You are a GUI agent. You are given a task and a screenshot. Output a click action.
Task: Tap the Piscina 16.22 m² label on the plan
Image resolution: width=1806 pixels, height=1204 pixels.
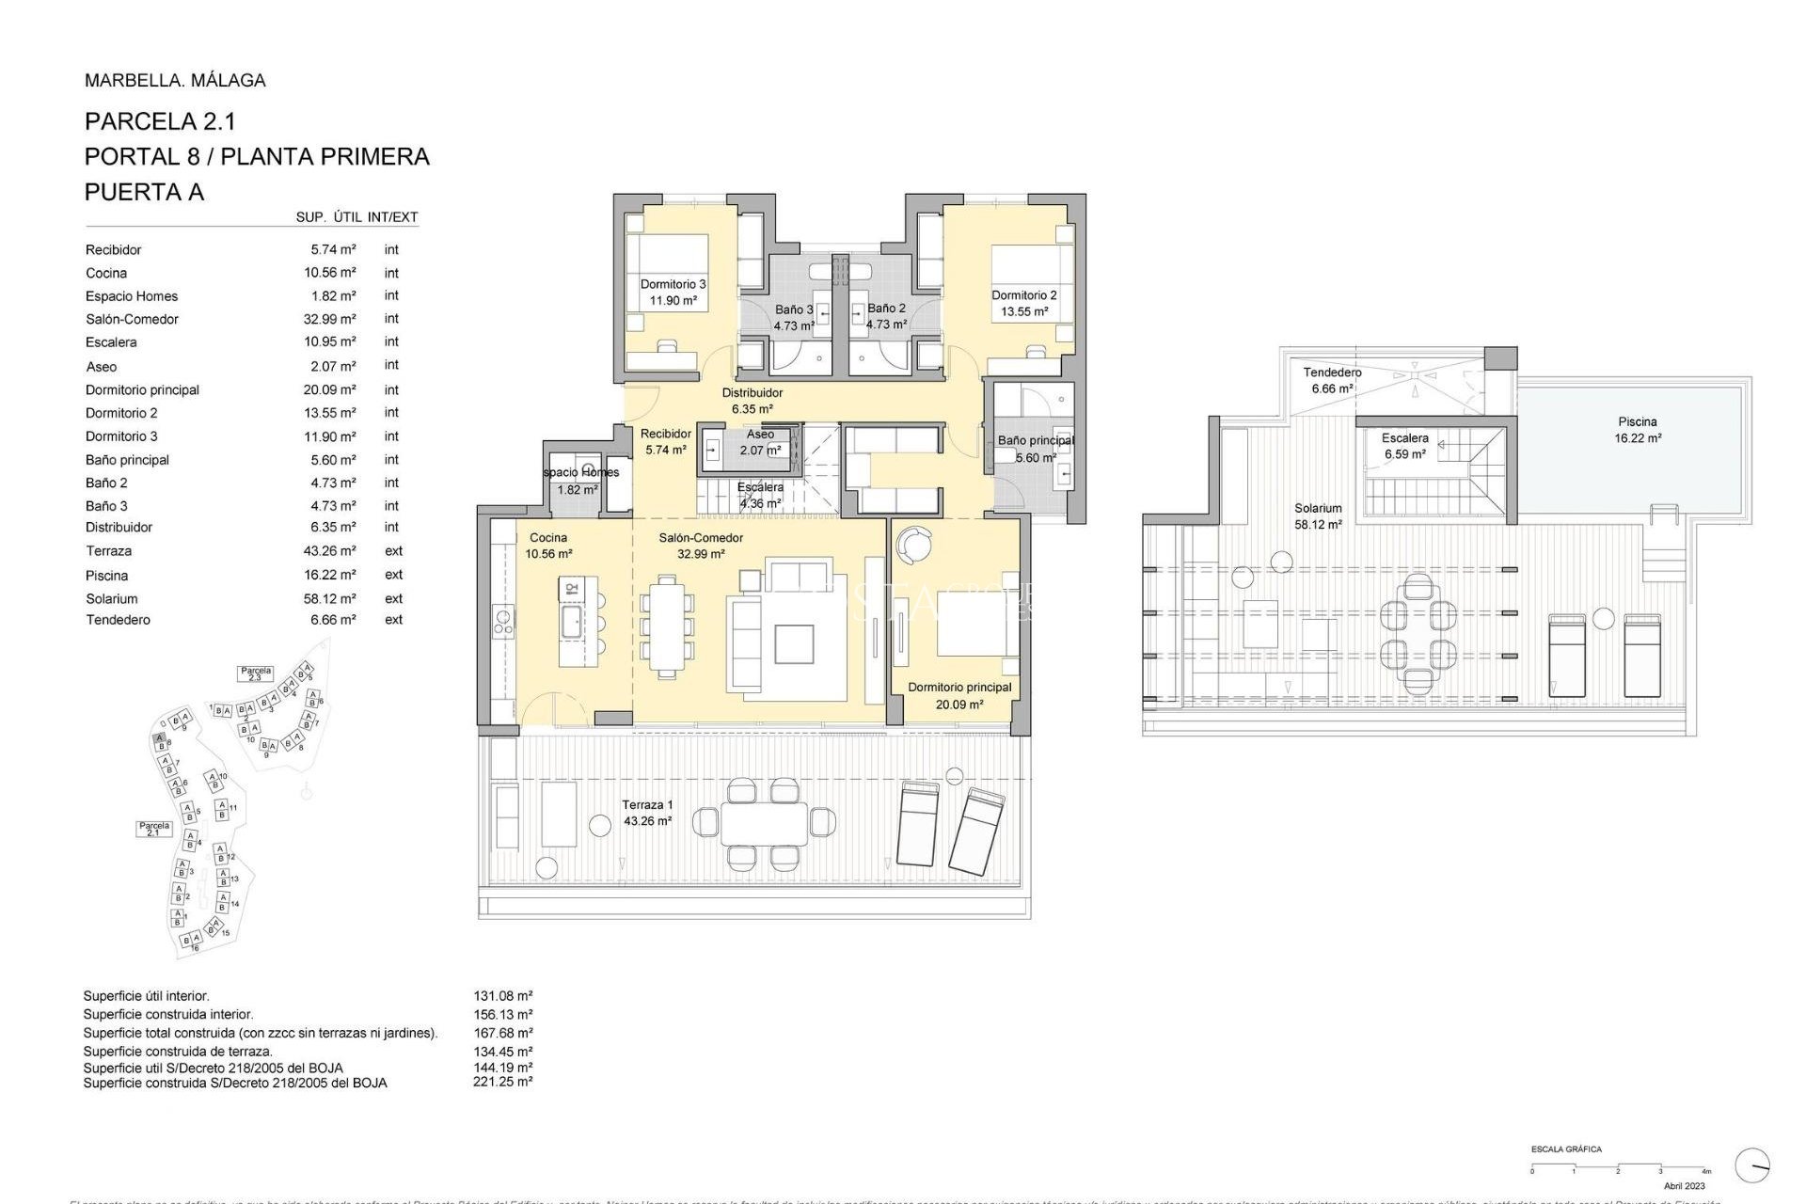[1638, 430]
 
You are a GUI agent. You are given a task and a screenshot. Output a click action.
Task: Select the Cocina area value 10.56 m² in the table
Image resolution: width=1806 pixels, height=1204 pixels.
[329, 273]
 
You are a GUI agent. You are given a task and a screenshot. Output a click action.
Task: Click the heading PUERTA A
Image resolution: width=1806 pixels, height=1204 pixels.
[144, 192]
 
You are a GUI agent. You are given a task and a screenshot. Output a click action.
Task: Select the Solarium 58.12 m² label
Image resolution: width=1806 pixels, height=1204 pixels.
[1318, 516]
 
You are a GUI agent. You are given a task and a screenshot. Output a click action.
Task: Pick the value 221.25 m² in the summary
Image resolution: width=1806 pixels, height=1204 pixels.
[502, 1083]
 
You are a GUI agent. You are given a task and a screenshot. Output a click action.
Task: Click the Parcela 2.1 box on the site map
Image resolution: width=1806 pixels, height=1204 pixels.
[154, 829]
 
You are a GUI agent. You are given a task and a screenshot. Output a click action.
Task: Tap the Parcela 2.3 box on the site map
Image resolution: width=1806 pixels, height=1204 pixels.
[256, 673]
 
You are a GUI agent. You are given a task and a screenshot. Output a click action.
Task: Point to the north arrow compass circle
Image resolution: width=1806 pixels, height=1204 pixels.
[1752, 1165]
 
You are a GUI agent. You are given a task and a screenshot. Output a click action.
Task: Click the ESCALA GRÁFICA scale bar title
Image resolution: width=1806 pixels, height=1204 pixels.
[1566, 1149]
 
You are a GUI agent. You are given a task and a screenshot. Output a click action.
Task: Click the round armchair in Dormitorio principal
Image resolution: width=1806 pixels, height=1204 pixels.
[913, 544]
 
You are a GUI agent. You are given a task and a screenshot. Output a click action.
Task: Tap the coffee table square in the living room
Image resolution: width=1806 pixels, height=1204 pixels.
[794, 644]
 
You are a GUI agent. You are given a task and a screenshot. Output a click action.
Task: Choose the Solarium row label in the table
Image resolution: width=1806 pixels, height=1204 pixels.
[112, 598]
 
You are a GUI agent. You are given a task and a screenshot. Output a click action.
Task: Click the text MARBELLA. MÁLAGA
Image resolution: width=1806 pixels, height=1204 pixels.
[175, 81]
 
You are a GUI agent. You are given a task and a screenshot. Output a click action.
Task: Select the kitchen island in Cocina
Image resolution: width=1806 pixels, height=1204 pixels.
[577, 621]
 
